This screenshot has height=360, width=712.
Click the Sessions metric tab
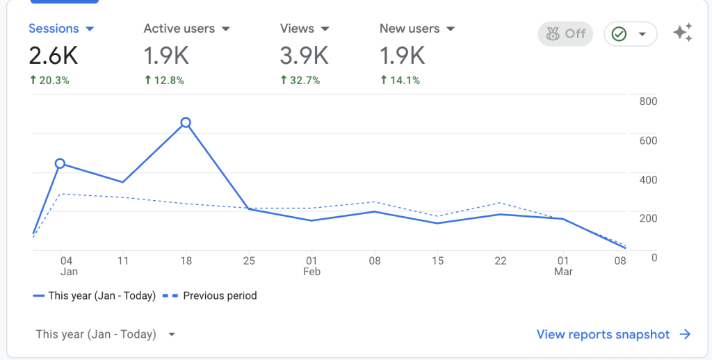[60, 28]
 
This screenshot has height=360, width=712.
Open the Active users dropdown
[225, 29]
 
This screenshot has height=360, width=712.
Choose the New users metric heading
[416, 28]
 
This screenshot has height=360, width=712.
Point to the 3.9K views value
[304, 54]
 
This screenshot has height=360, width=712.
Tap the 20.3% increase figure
[49, 80]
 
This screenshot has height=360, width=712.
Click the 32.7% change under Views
[300, 80]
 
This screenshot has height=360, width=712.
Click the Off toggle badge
[565, 33]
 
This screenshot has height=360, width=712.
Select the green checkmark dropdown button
[630, 33]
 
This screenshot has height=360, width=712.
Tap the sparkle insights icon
[682, 33]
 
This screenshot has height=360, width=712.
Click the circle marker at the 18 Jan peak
[186, 122]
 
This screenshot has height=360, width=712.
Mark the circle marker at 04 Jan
[60, 163]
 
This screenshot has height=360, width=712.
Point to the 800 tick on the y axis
[648, 101]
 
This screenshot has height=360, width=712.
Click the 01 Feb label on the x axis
[311, 266]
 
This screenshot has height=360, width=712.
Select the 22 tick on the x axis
[500, 261]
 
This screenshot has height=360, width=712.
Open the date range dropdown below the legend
[105, 334]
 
